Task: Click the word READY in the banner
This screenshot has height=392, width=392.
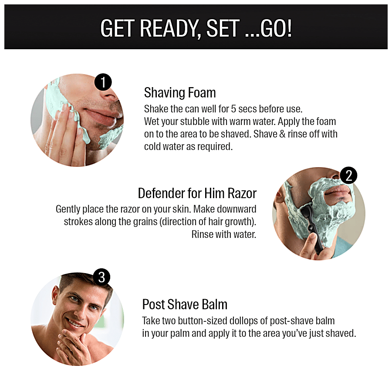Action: [168, 28]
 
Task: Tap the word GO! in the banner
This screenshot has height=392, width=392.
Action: [276, 28]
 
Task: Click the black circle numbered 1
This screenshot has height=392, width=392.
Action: [103, 82]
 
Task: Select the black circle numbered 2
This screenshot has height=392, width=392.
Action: [348, 175]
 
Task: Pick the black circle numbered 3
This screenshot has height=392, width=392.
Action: [101, 277]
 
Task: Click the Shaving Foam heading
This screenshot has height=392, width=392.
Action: [180, 93]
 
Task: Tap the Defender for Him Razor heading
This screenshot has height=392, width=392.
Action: [197, 193]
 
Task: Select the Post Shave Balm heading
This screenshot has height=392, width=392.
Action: [185, 304]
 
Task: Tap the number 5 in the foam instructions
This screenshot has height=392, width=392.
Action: [233, 109]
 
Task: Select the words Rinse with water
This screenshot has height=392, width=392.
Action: [224, 234]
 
